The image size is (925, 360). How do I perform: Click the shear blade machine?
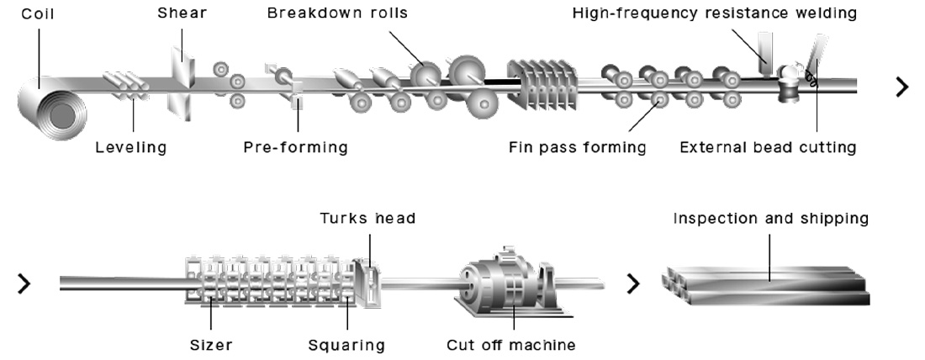181,80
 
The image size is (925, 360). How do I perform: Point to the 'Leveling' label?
130,148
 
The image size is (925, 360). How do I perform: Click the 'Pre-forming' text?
295,148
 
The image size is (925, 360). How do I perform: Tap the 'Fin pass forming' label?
577,148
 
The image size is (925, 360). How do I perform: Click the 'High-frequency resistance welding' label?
714,13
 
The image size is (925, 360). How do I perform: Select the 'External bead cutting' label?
768,148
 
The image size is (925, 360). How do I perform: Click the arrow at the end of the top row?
902,86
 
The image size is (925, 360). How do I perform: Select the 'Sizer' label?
210,345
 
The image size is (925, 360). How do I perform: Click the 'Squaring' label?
346,345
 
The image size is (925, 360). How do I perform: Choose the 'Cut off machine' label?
511,345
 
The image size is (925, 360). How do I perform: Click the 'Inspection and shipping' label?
770,219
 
